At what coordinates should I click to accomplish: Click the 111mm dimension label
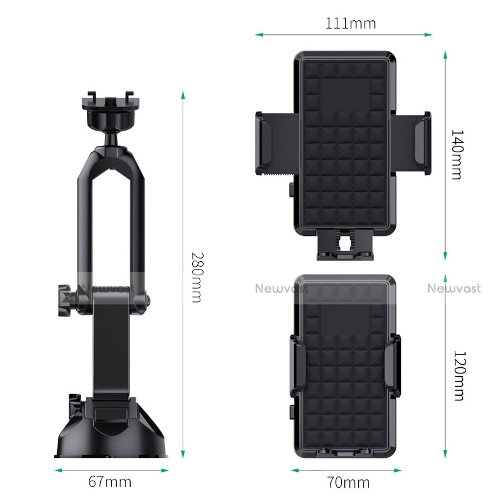point(351,24)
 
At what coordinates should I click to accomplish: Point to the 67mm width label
point(109,482)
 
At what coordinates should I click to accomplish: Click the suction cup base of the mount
point(111,431)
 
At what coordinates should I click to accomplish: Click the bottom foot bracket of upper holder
point(346,245)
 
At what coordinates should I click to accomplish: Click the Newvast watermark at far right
point(454,289)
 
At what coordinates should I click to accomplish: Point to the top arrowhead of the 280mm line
point(183,94)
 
